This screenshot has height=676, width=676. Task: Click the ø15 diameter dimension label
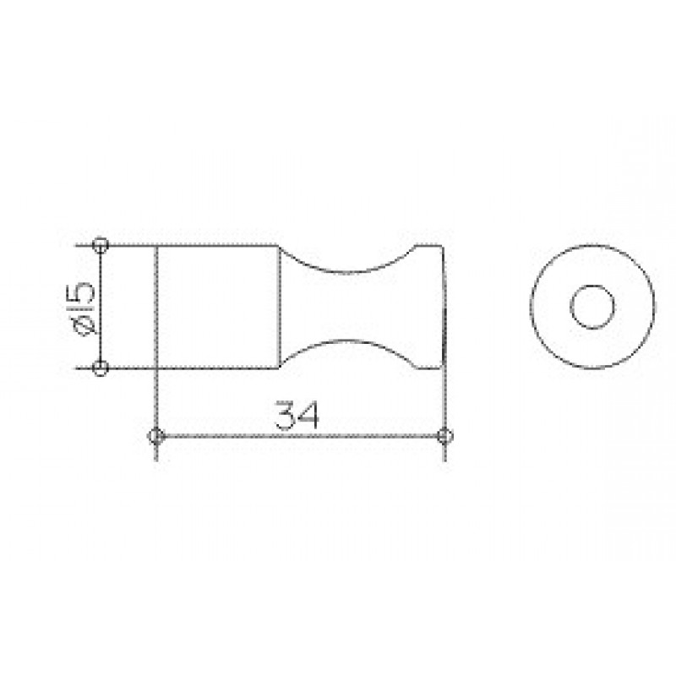pos(84,308)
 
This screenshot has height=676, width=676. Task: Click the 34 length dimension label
pos(297,415)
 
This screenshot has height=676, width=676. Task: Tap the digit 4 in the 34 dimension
pos(308,415)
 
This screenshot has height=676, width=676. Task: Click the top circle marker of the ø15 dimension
pos(101,245)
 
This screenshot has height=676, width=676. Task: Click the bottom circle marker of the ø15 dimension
pos(101,368)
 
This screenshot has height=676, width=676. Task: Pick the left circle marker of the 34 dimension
pos(156,436)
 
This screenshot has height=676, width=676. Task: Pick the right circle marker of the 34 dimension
pos(445,436)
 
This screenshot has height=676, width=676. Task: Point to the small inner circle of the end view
pos(592,286)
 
